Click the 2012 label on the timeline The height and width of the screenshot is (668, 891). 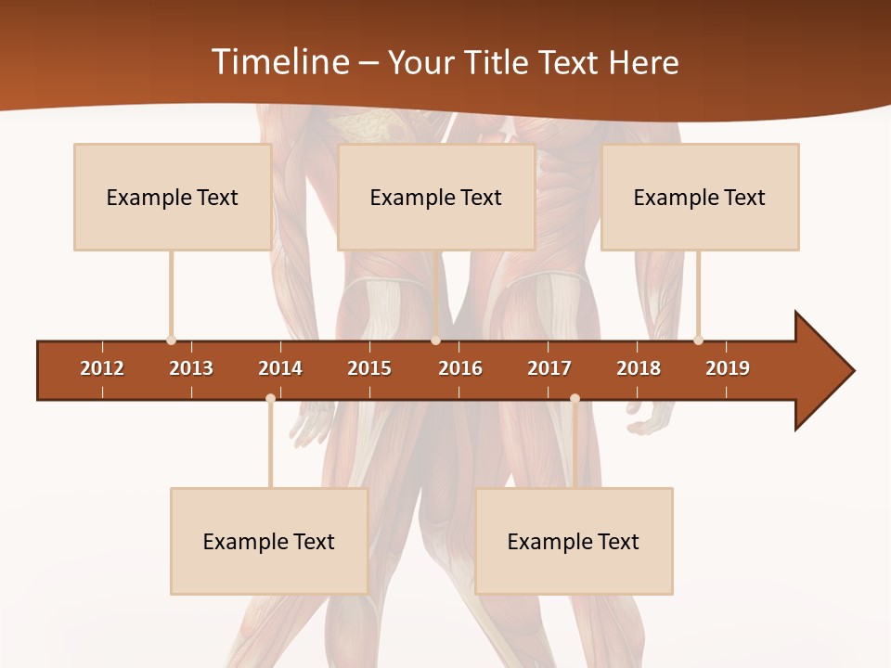click(x=102, y=368)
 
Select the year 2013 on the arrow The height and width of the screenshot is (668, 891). click(x=191, y=368)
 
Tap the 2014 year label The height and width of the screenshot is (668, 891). click(x=280, y=368)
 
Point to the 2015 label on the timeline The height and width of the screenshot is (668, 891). click(x=369, y=368)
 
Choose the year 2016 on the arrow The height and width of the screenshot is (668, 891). click(x=460, y=368)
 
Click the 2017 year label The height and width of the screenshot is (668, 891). click(x=549, y=368)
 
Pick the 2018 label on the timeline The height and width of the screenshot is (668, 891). click(x=639, y=368)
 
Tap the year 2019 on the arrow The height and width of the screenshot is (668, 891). click(x=728, y=368)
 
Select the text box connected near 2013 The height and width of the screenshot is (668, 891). click(x=173, y=198)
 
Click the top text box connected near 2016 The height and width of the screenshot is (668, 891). click(x=436, y=198)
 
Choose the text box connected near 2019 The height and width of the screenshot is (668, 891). click(x=700, y=198)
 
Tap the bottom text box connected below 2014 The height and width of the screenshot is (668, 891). click(x=269, y=542)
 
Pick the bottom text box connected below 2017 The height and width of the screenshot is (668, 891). click(x=574, y=542)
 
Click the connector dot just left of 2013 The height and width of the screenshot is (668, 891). click(x=171, y=340)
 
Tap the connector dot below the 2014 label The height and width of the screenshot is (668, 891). click(x=270, y=398)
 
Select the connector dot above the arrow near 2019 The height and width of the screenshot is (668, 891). click(x=698, y=340)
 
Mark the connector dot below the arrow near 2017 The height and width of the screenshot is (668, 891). click(x=575, y=398)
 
